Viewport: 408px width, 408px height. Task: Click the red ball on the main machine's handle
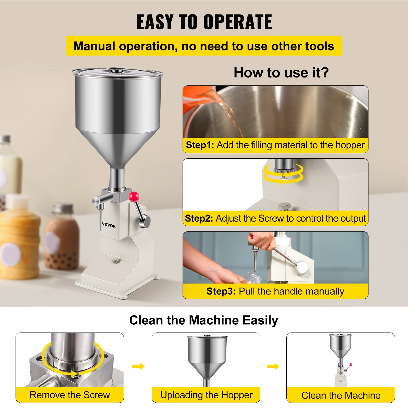[134, 197]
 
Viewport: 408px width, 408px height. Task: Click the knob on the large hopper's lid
[116, 70]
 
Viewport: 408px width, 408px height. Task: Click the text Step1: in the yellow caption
[200, 145]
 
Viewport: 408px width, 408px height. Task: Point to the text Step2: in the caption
[199, 219]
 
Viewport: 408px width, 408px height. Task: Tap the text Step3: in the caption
[221, 291]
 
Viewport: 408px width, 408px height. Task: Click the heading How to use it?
[281, 73]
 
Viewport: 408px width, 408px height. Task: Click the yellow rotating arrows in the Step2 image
[284, 174]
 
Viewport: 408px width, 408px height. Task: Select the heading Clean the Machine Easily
[203, 320]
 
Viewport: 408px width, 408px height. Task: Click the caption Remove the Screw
[70, 395]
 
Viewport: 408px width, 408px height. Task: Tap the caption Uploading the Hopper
[206, 395]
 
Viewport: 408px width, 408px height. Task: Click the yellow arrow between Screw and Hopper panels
[138, 367]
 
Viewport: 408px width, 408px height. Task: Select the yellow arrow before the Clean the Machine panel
[273, 367]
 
